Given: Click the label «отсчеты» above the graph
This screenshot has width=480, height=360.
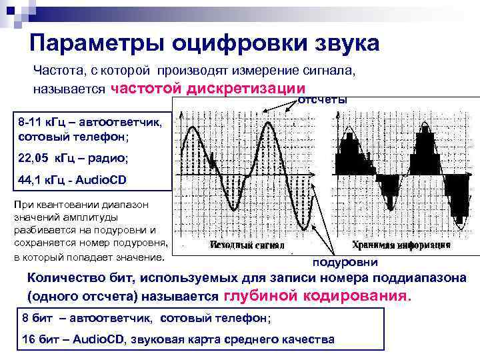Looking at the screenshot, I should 322,99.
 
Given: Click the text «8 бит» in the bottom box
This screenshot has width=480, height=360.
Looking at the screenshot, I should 39,317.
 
